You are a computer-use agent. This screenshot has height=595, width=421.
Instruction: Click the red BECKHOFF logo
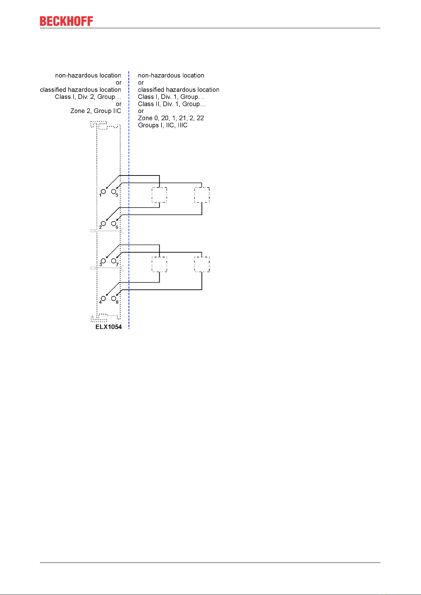(66, 21)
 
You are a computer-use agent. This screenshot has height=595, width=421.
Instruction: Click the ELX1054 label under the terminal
(108, 327)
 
